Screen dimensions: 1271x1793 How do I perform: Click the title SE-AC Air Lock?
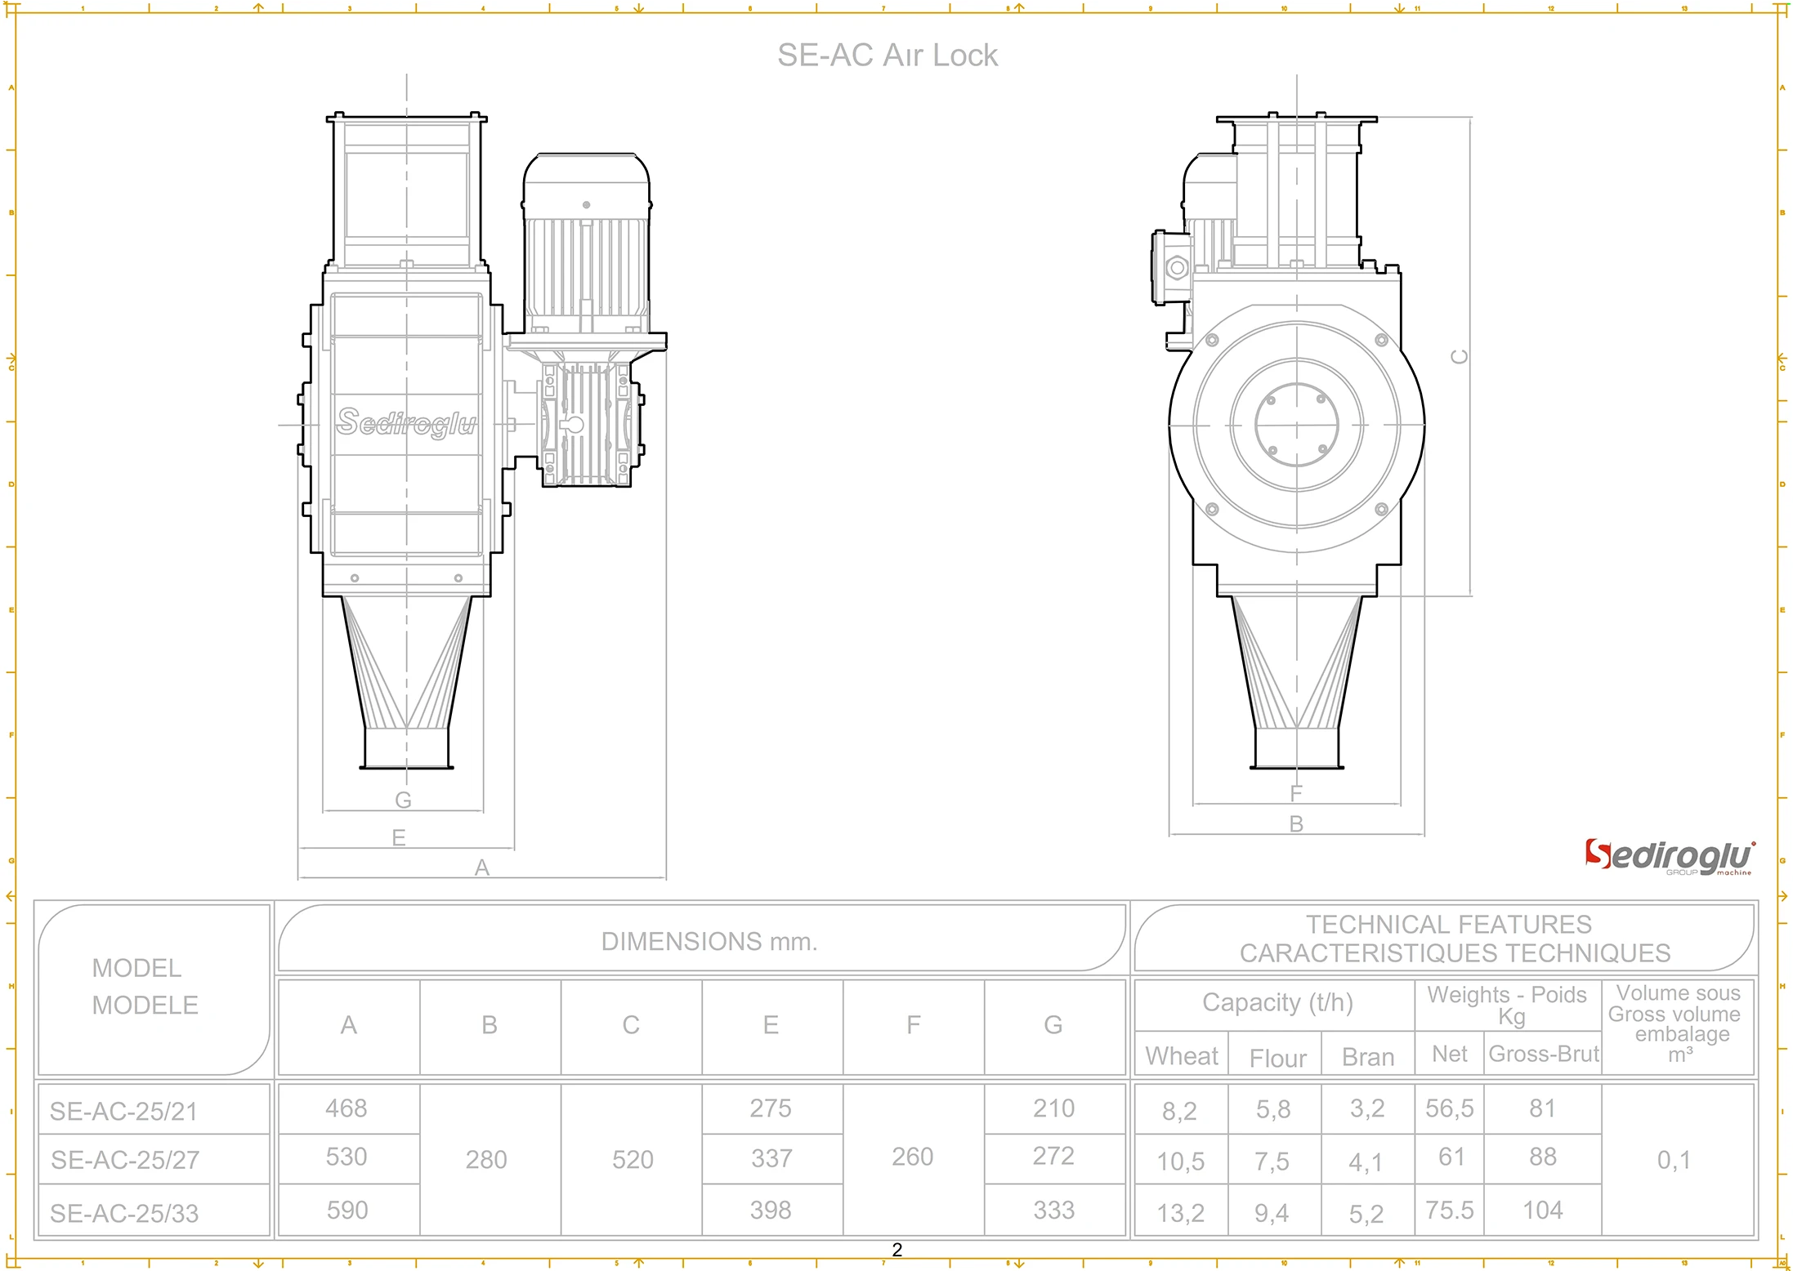tap(887, 56)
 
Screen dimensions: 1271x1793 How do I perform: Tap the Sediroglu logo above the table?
tap(1668, 857)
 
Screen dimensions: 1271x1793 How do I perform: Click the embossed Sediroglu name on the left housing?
tap(406, 422)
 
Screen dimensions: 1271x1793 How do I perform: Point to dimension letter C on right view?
tap(1459, 357)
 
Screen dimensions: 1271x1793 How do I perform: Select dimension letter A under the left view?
tap(482, 867)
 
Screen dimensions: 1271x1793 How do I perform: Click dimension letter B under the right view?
tap(1296, 824)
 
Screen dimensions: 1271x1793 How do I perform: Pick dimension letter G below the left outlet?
tap(403, 801)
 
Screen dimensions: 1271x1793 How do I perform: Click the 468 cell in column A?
tap(347, 1108)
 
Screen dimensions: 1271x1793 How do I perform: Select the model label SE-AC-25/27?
tap(125, 1160)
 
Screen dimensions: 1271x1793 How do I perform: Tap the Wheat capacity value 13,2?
tap(1180, 1213)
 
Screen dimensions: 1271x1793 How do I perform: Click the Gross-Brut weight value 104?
tap(1542, 1210)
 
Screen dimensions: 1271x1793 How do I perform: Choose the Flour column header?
tap(1277, 1059)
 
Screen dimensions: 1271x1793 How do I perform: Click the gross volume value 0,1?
tap(1673, 1160)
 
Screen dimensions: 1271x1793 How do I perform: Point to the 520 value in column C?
tap(633, 1160)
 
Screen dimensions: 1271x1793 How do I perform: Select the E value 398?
tap(771, 1210)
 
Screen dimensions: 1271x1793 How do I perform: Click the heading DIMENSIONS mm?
tap(709, 942)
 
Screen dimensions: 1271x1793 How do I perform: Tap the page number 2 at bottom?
tap(896, 1250)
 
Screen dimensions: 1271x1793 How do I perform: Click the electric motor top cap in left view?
tap(586, 176)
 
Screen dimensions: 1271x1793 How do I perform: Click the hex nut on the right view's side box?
tap(1177, 267)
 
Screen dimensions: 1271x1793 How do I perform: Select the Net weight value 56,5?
tap(1449, 1108)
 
